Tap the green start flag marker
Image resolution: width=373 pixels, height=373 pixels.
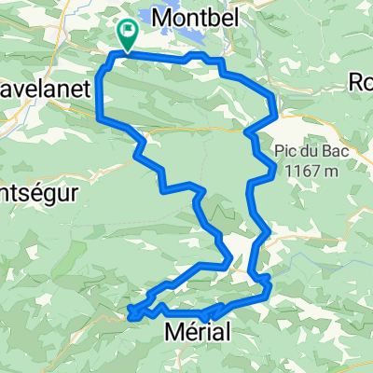(x=127, y=35)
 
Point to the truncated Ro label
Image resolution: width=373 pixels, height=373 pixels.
(x=360, y=81)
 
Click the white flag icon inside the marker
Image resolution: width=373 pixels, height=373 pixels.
(x=127, y=32)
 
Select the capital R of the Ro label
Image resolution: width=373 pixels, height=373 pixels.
(x=355, y=81)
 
